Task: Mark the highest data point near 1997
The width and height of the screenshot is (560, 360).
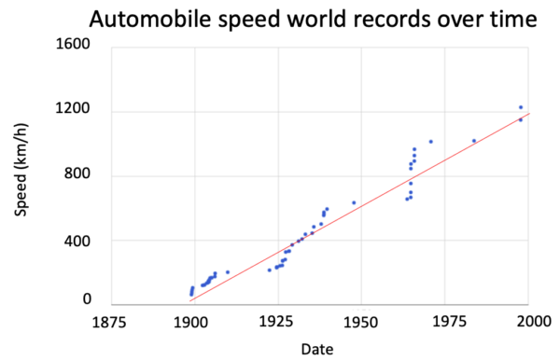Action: pyautogui.click(x=521, y=107)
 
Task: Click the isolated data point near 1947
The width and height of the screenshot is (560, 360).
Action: pyautogui.click(x=354, y=202)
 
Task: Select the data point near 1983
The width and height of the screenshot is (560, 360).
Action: pyautogui.click(x=474, y=141)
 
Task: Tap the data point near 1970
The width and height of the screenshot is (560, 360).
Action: pyautogui.click(x=431, y=142)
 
